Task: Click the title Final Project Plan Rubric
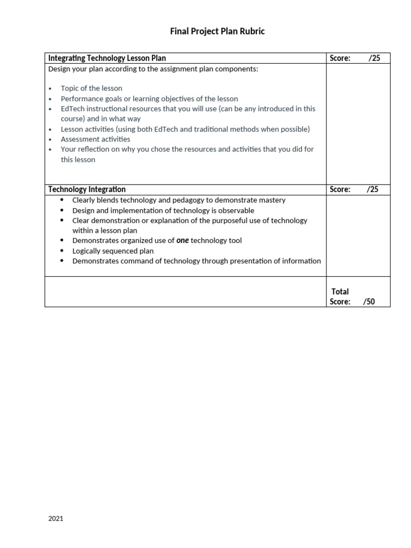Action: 217,32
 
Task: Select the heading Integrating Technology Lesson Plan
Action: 107,58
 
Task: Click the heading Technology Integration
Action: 87,189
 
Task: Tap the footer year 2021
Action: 56,519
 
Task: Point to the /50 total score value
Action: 369,302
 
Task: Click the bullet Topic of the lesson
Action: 92,88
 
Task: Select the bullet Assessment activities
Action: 95,139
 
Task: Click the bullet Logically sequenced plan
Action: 113,251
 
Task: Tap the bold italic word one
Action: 182,241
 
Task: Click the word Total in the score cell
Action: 340,292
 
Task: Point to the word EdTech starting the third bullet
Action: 72,109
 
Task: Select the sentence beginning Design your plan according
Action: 153,69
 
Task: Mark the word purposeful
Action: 226,220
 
